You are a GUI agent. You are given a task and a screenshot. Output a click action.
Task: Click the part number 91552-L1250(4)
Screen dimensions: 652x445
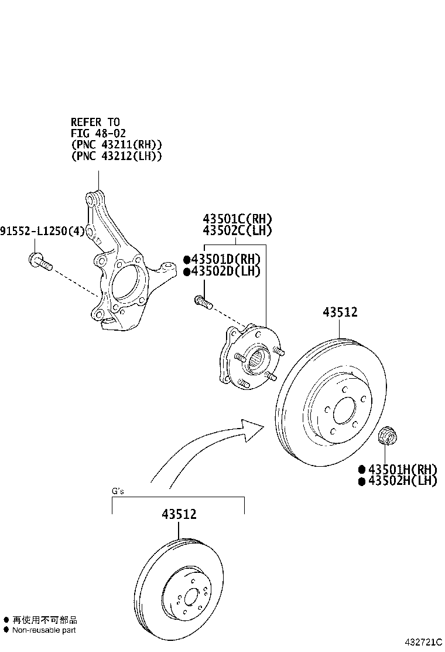[x=43, y=232]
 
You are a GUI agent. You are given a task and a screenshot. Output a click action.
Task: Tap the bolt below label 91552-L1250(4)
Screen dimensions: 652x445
[x=40, y=262]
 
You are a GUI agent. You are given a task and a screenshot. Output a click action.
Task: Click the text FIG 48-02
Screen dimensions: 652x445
[x=98, y=133]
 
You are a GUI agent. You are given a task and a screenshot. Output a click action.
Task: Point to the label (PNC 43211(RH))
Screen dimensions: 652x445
[x=116, y=145]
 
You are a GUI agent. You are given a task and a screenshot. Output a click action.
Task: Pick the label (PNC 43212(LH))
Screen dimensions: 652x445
[x=116, y=156]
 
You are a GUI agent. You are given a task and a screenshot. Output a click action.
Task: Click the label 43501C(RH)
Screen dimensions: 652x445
[x=237, y=219]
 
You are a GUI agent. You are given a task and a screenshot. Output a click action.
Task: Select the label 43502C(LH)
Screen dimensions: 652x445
[x=237, y=230]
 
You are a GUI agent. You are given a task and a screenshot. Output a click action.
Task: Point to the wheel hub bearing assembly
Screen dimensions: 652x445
[x=251, y=359]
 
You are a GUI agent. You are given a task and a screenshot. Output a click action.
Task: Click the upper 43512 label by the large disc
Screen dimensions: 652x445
[x=340, y=313]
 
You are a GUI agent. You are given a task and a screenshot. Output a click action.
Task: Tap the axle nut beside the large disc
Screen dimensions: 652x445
[x=387, y=435]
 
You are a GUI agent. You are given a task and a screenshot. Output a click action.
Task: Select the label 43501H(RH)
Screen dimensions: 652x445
[x=402, y=469]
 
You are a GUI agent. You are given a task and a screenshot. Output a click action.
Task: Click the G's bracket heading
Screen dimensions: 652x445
[x=118, y=491]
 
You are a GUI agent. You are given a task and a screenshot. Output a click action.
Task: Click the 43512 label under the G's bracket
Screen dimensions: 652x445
[x=179, y=514]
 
